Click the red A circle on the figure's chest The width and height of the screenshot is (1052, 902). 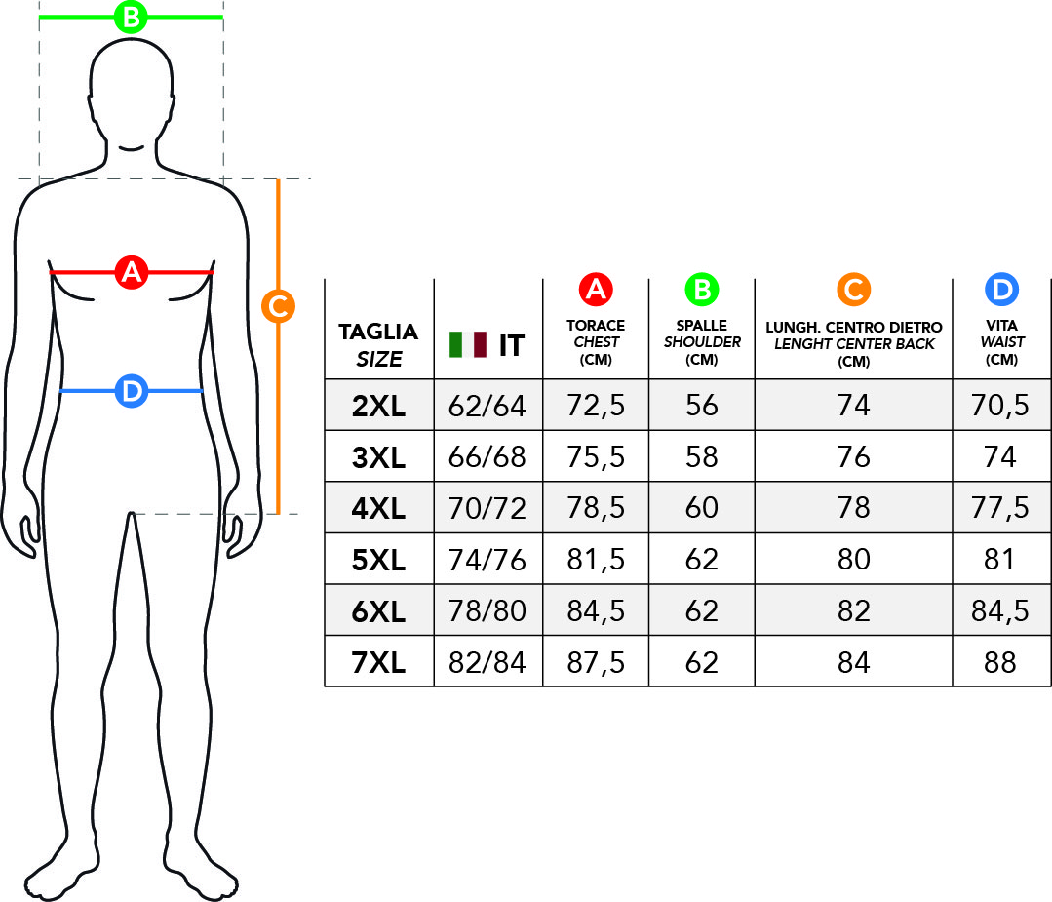coord(132,272)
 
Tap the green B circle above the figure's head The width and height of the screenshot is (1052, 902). coord(131,17)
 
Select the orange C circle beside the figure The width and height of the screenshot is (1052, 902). coord(279,306)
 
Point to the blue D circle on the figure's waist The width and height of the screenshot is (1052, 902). coord(132,391)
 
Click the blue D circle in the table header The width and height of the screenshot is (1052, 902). coord(1001,290)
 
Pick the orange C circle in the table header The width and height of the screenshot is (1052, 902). coord(853,290)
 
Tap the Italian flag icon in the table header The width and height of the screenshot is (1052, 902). coord(468,344)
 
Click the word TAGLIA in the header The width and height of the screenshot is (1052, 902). coord(378,332)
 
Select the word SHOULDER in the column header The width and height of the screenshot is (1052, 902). coord(702,342)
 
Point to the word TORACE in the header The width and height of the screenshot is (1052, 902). coord(596,326)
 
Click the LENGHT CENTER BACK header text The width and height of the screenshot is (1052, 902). coord(854,344)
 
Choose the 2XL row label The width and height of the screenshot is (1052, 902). coord(378,406)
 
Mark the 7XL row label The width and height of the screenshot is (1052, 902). coord(378,663)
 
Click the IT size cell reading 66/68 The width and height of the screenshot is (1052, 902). coord(487,457)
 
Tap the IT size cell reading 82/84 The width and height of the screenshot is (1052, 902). coord(487,663)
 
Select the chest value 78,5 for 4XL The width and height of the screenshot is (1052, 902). coord(596,508)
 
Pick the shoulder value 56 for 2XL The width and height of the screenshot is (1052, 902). coord(702,406)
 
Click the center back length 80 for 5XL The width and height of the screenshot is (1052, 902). coord(853,559)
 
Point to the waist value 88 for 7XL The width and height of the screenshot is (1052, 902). coord(999,663)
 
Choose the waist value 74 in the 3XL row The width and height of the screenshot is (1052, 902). coord(999,457)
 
